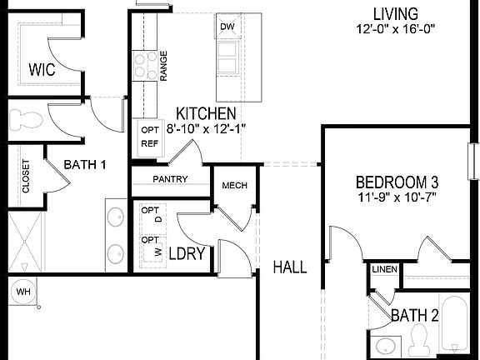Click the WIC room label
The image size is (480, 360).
(x=41, y=69)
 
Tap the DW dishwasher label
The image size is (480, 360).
(x=227, y=27)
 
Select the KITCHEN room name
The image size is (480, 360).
(x=205, y=113)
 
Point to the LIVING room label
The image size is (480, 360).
(x=395, y=13)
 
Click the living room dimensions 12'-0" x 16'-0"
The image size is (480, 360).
(x=395, y=29)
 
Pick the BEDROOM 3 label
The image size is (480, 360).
(x=397, y=182)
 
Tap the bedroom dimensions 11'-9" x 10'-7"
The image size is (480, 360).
(x=397, y=197)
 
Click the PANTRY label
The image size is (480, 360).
(x=170, y=179)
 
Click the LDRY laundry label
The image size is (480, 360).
(x=187, y=254)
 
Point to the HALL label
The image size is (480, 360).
(x=290, y=267)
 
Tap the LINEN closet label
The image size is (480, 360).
(x=384, y=269)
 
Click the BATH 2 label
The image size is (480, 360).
(x=415, y=315)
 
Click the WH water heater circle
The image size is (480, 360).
(x=21, y=292)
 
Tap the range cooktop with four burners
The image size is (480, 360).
(x=144, y=67)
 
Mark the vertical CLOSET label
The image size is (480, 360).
(x=26, y=176)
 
